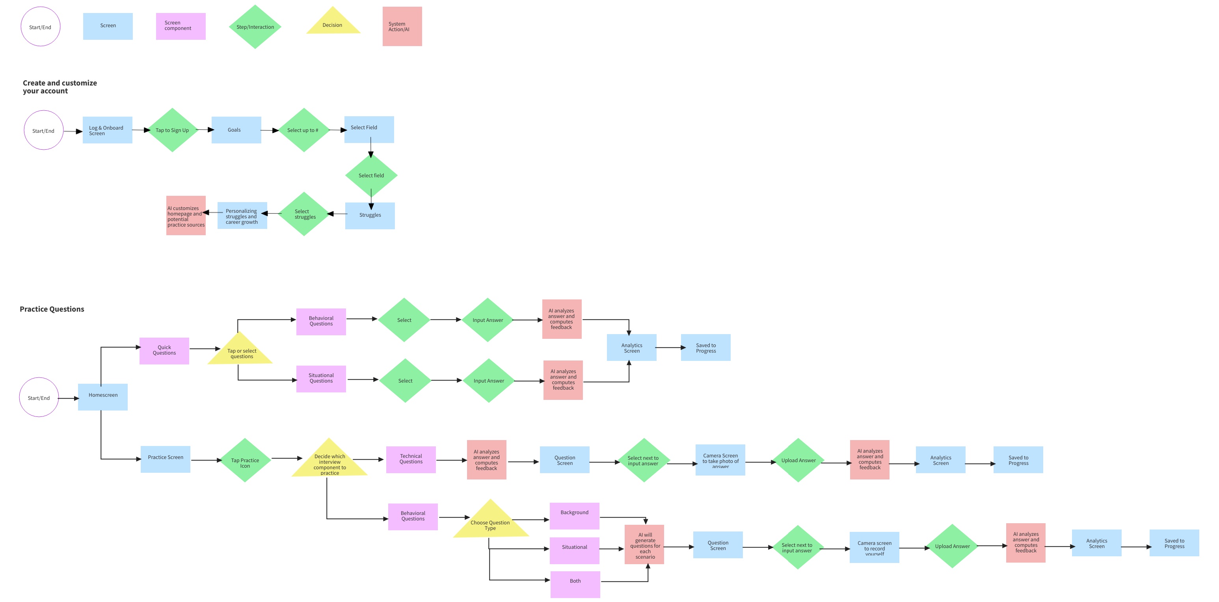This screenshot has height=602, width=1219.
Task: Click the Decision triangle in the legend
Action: click(333, 24)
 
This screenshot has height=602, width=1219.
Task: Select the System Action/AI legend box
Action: click(402, 26)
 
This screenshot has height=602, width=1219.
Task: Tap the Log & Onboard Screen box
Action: click(108, 130)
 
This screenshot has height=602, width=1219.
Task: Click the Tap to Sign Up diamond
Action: click(172, 130)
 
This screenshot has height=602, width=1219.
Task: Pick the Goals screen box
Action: click(236, 130)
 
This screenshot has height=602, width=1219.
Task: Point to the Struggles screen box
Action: click(370, 216)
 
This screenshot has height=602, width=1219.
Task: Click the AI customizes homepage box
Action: click(186, 216)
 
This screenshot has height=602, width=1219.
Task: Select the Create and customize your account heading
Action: click(60, 87)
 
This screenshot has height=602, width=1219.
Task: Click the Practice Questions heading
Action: click(52, 309)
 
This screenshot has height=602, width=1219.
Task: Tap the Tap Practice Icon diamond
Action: click(245, 461)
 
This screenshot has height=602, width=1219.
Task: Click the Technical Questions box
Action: click(411, 460)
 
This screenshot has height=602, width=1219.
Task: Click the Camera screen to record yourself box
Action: click(874, 547)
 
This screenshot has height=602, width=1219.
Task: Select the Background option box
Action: click(575, 515)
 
